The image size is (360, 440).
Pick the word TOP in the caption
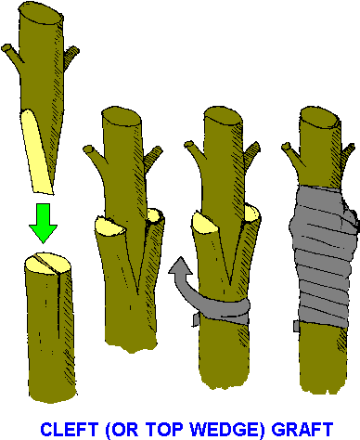[171, 429]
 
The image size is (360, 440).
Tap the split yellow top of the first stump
[44, 264]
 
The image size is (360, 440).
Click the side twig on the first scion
[11, 53]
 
